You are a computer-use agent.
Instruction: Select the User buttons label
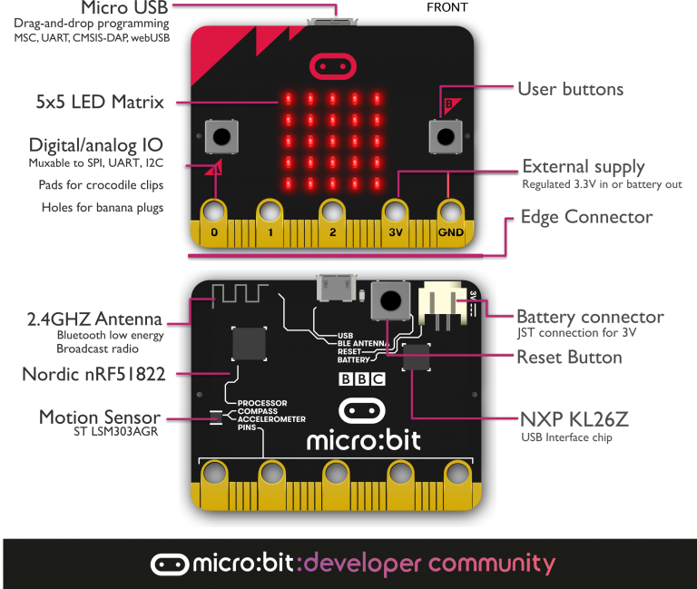[570, 89]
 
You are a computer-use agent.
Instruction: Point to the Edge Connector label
[586, 217]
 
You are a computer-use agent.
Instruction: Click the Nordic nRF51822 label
[94, 374]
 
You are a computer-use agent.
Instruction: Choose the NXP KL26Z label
[574, 420]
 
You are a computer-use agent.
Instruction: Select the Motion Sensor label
[100, 417]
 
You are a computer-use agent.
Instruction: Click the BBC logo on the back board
[361, 380]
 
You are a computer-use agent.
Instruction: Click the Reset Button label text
[569, 357]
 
